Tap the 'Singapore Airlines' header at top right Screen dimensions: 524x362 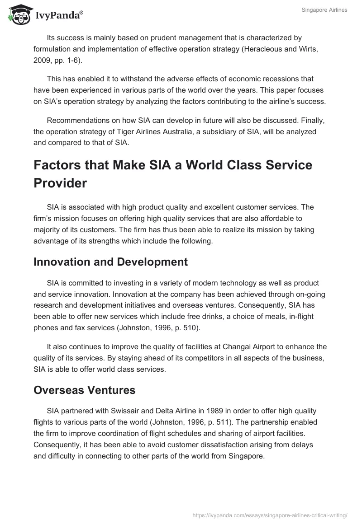coord(324,10)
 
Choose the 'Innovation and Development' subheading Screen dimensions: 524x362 coord(110,262)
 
